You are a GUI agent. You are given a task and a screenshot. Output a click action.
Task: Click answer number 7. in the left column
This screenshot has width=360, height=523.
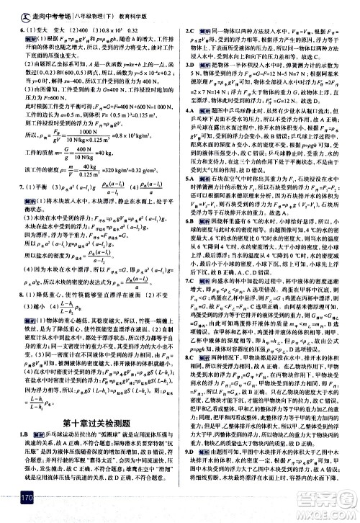coord(13,205)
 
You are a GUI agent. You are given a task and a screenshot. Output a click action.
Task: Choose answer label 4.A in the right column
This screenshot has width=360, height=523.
coord(189,132)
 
